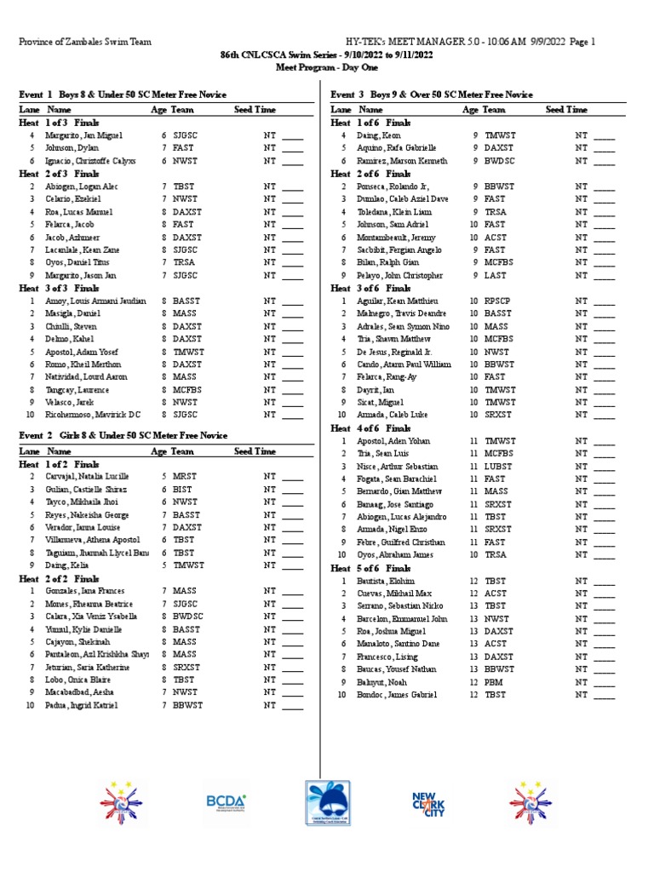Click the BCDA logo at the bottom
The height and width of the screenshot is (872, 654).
point(226,801)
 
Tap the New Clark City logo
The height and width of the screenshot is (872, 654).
point(428,803)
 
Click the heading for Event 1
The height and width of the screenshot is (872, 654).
point(123,95)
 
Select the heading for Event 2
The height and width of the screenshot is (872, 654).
point(123,435)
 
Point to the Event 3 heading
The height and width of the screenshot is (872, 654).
point(433,95)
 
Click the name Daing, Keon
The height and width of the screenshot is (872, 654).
point(379,135)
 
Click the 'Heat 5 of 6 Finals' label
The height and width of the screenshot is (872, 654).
point(370,568)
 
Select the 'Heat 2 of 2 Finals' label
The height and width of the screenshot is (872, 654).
point(59,577)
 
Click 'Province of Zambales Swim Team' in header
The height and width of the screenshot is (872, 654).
point(78,41)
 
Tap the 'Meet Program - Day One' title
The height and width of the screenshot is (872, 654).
point(327,66)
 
